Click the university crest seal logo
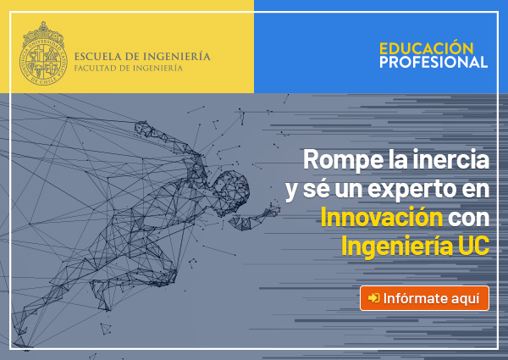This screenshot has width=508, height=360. [x=43, y=53]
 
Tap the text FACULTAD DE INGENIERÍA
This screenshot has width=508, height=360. [x=129, y=69]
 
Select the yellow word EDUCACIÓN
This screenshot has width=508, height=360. [x=427, y=48]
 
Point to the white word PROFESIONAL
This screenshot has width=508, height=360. [x=433, y=62]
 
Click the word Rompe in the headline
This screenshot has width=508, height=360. [x=344, y=160]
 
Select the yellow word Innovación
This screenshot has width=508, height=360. [x=382, y=217]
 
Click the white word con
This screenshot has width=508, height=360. [x=468, y=219]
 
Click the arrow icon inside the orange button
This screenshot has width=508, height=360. [x=373, y=298]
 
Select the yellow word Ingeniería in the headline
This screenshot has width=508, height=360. [x=397, y=246]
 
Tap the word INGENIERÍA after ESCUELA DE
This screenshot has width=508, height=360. [x=177, y=56]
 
